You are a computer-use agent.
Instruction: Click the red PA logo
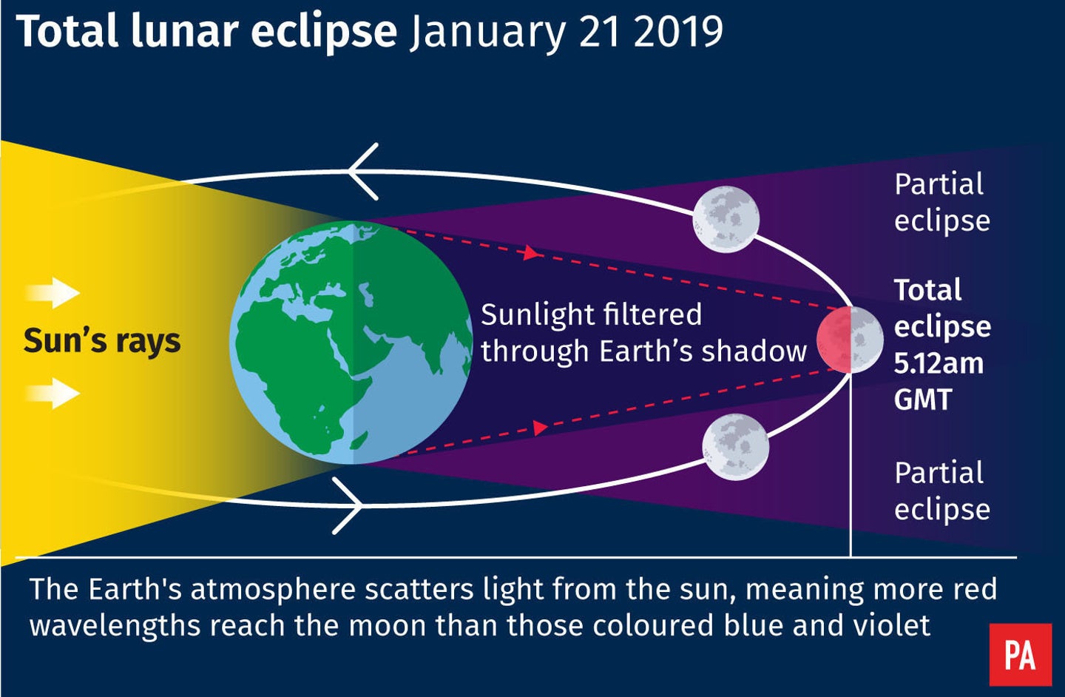[1020, 655]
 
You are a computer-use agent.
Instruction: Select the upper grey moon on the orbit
[726, 218]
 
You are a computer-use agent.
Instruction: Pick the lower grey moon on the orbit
[735, 447]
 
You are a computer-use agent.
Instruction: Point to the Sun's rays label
[102, 341]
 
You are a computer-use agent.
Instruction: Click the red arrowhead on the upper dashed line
[530, 253]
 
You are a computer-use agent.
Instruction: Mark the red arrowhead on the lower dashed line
[540, 428]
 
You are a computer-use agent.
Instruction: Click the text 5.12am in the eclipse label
[938, 363]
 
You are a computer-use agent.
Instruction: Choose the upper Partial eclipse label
[941, 202]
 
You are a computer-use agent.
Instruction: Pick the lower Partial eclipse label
[941, 491]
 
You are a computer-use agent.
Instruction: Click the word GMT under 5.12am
[922, 400]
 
